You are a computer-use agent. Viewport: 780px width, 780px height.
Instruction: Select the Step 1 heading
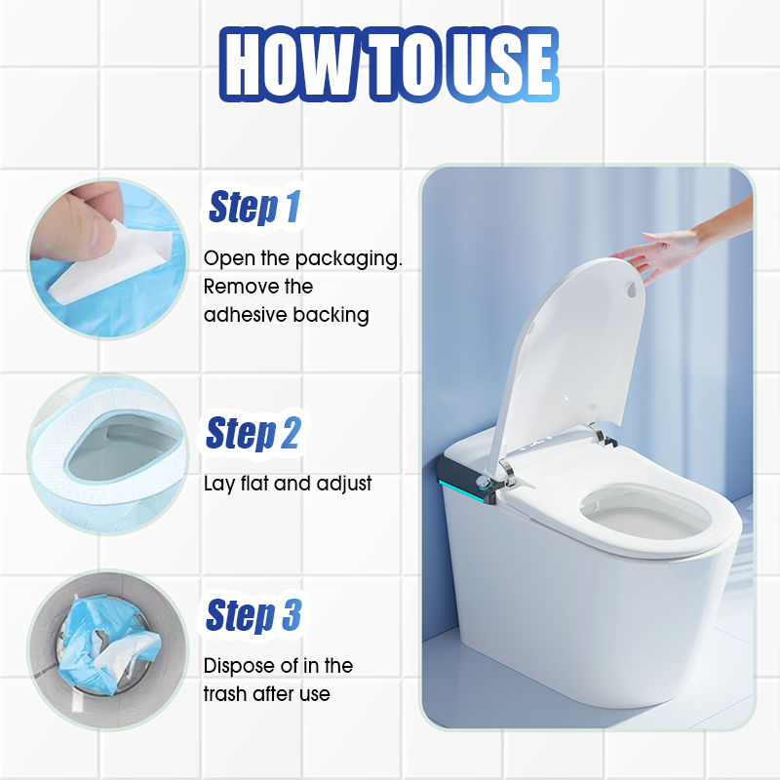point(254,208)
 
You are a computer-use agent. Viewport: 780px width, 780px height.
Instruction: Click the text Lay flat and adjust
point(288,484)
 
